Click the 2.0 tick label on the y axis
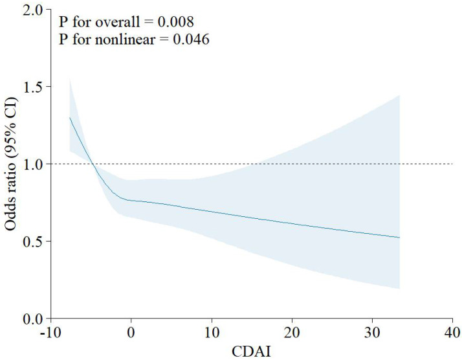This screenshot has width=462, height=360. (32, 10)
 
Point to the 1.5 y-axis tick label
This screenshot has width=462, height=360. (32, 87)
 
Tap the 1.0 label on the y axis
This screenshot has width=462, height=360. (32, 164)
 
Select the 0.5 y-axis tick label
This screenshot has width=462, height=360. (32, 241)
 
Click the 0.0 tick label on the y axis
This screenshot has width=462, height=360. (32, 319)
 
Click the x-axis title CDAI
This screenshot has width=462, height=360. (251, 352)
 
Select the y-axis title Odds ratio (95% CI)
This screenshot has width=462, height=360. (10, 164)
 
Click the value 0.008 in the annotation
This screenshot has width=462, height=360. (175, 22)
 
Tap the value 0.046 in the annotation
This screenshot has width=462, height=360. (191, 39)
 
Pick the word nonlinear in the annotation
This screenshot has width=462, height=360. (125, 39)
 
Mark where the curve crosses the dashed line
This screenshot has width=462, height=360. (93, 164)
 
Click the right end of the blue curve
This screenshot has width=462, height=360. (399, 238)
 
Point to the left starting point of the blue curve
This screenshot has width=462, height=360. (70, 117)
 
